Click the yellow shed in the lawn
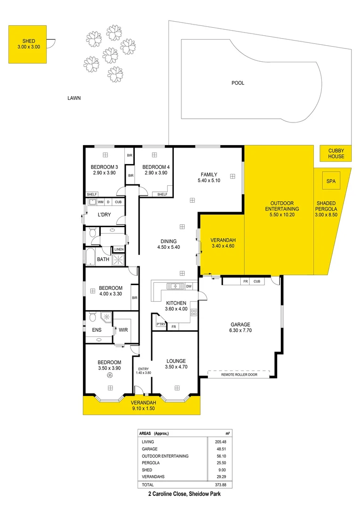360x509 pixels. [27, 44]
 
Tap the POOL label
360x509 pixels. [238, 83]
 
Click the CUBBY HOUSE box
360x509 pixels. [336, 154]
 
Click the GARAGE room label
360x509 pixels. [240, 324]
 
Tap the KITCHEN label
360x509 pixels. [176, 303]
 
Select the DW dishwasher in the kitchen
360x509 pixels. [188, 286]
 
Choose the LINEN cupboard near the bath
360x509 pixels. [119, 249]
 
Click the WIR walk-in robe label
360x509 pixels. [123, 330]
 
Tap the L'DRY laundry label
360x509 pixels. [104, 215]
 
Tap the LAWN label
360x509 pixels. [74, 99]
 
